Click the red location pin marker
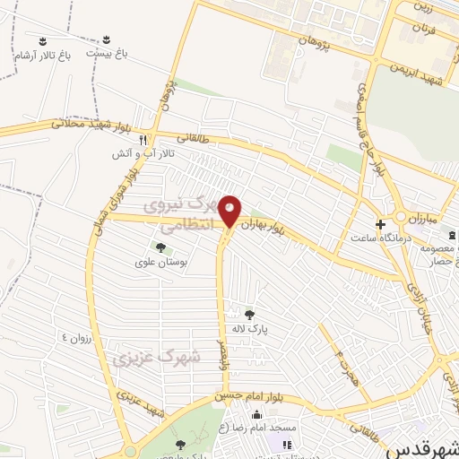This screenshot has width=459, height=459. tap(230, 210)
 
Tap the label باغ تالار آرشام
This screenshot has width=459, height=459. tap(41, 56)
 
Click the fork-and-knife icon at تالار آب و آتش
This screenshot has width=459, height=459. tap(143, 140)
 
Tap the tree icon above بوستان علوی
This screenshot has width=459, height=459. tap(161, 247)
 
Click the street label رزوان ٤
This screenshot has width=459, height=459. tap(76, 337)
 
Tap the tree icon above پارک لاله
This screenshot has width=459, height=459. tap(249, 314)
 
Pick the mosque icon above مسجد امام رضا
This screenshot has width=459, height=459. tap(256, 414)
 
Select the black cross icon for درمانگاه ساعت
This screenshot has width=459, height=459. tap(380, 223)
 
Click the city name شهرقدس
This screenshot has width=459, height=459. tap(422, 446)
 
